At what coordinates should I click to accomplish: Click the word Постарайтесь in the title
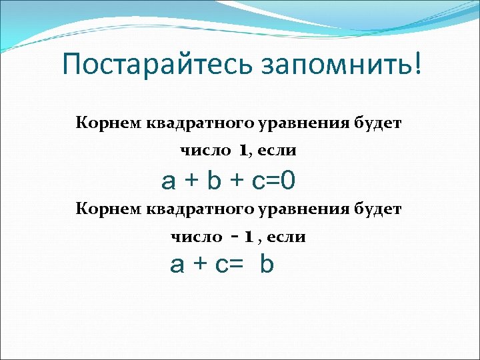(153, 65)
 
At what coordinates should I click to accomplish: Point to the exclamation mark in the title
(417, 63)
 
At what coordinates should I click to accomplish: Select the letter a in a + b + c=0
(168, 180)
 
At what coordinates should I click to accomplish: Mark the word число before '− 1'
(197, 237)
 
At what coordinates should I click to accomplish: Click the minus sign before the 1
(234, 235)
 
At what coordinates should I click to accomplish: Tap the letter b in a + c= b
(267, 265)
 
